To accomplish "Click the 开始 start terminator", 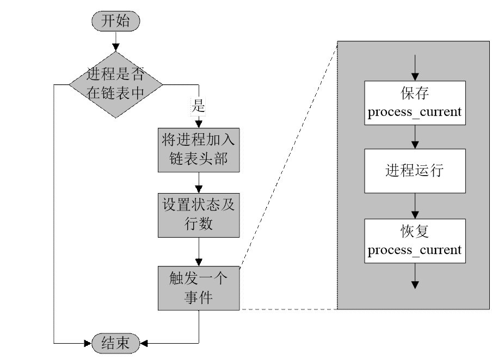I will coord(115,21).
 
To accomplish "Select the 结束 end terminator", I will coord(115,343).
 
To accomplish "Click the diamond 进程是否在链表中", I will coord(115,84).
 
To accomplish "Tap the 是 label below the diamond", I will coord(198,107).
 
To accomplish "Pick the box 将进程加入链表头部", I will coord(199,150).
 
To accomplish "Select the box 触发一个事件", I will coord(199,288).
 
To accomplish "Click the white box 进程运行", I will coord(415,171).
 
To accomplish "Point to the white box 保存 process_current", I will coord(415,102).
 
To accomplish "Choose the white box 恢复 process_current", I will coord(415,240).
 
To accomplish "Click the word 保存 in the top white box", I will coord(415,93).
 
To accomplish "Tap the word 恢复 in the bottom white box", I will coord(415,232).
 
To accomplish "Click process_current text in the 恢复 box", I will coord(415,250).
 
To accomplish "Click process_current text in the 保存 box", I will coord(415,112).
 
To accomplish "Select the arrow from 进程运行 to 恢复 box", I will coord(415,206).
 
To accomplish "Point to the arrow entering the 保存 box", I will coord(415,68).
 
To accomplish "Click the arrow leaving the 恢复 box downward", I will coord(415,276).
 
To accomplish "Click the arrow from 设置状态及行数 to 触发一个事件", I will coord(199,251).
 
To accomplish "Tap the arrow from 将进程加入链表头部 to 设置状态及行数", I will coord(199,183).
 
